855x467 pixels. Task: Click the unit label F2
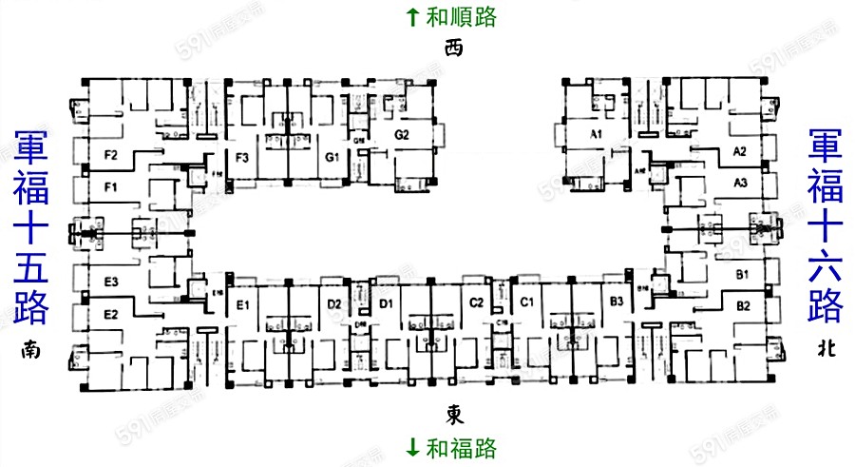110,154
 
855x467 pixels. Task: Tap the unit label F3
242,157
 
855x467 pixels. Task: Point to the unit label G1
332,156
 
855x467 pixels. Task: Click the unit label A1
596,135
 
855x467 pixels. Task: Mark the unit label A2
741,152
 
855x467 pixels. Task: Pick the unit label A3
741,182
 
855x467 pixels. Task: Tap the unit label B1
743,275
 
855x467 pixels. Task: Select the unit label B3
617,302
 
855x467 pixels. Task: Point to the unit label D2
334,304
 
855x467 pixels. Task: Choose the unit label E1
242,304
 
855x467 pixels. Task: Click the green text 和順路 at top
463,16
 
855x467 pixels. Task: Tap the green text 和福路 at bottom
463,446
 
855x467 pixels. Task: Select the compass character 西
454,49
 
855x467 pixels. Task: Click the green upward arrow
412,16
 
